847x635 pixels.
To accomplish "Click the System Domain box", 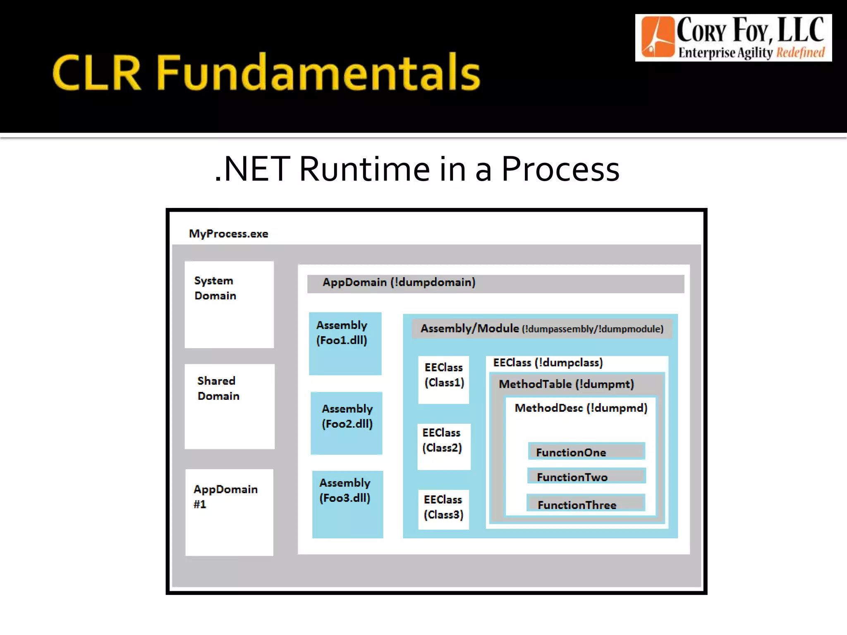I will (229, 304).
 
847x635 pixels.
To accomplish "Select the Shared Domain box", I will (230, 406).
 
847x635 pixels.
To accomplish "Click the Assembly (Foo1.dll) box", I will (345, 343).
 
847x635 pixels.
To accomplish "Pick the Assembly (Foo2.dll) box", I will (347, 423).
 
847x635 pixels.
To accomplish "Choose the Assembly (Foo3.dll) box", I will (347, 504).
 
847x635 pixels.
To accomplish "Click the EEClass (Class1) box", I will (443, 379).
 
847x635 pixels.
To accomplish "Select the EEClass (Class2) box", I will (443, 446).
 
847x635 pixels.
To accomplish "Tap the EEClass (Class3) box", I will (443, 509).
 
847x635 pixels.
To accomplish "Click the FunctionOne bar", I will (586, 451).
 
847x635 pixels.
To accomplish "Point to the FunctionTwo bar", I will (586, 476).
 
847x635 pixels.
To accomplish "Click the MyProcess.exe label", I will (228, 234).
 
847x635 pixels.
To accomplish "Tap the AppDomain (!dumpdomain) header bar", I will (495, 284).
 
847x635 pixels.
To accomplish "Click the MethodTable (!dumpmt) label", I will (566, 384).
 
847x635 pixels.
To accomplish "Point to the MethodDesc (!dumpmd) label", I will (581, 408).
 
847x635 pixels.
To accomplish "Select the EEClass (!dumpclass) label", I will (548, 363).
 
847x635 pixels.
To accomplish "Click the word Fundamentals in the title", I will (318, 73).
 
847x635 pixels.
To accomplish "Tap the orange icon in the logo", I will (658, 37).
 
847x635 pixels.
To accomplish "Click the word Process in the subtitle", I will (560, 169).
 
